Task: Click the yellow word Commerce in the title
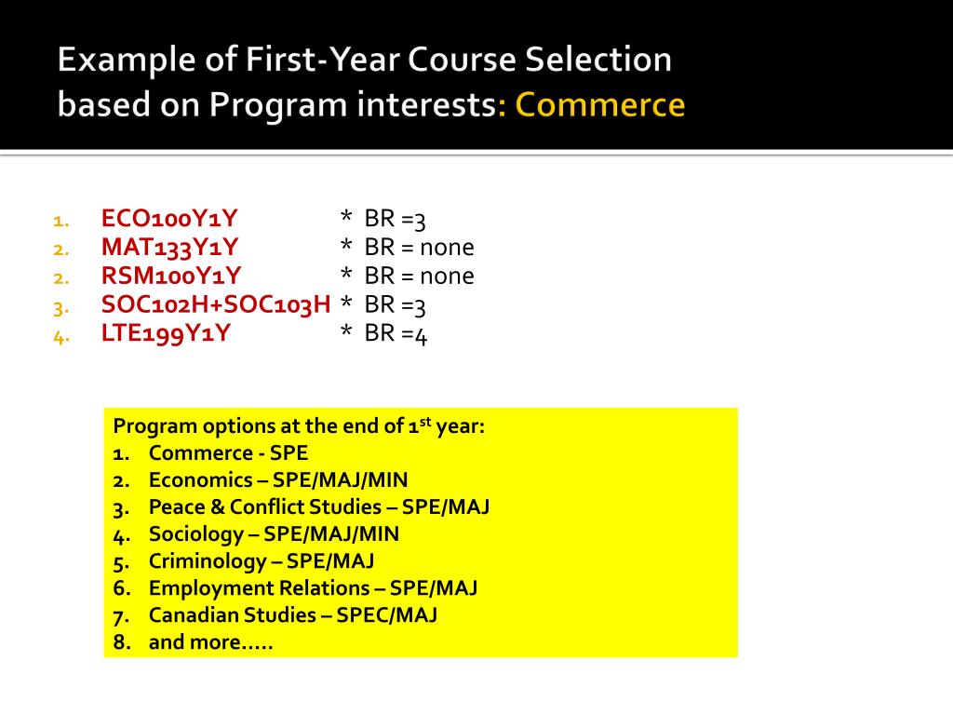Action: [x=600, y=104]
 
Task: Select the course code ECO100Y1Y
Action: [x=169, y=219]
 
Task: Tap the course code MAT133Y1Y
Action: [x=169, y=248]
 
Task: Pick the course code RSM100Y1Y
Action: [x=171, y=277]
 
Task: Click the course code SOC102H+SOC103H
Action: [x=216, y=305]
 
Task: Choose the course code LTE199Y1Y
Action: [x=166, y=334]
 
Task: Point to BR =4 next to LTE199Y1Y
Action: [x=396, y=334]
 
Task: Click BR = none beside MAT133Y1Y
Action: [x=419, y=248]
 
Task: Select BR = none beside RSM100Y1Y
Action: [x=419, y=277]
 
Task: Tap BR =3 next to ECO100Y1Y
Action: [x=396, y=220]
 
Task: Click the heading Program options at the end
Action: [x=299, y=426]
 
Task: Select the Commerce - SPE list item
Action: [x=228, y=453]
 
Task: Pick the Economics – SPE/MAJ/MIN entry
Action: [x=277, y=480]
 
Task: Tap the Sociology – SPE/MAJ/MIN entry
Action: [x=274, y=534]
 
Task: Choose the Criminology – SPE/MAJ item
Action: [x=262, y=561]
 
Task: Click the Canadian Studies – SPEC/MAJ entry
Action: [x=292, y=615]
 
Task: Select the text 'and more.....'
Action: [x=210, y=642]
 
